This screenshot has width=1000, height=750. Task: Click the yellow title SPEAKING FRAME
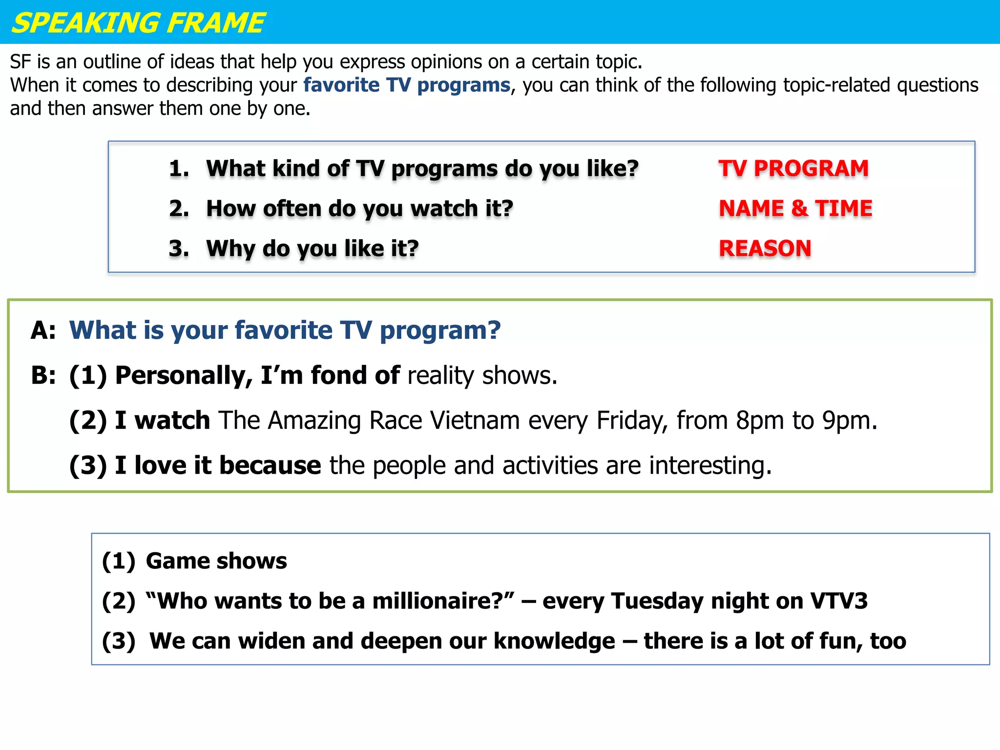[138, 23]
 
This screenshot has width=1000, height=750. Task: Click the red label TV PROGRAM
[793, 168]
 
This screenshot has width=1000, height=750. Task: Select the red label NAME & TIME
[795, 208]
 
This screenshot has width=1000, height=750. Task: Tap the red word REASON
[765, 249]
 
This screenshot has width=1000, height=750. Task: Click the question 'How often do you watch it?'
[359, 208]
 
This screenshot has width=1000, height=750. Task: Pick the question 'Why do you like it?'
[312, 249]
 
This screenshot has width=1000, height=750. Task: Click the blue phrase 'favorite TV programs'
[407, 85]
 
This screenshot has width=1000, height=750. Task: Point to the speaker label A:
[43, 331]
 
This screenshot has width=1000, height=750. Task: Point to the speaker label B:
[43, 375]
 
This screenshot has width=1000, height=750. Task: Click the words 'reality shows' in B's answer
[482, 375]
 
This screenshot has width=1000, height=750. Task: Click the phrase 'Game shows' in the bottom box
[216, 561]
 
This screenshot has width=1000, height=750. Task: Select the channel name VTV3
[839, 601]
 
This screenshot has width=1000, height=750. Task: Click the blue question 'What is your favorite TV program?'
[285, 331]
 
